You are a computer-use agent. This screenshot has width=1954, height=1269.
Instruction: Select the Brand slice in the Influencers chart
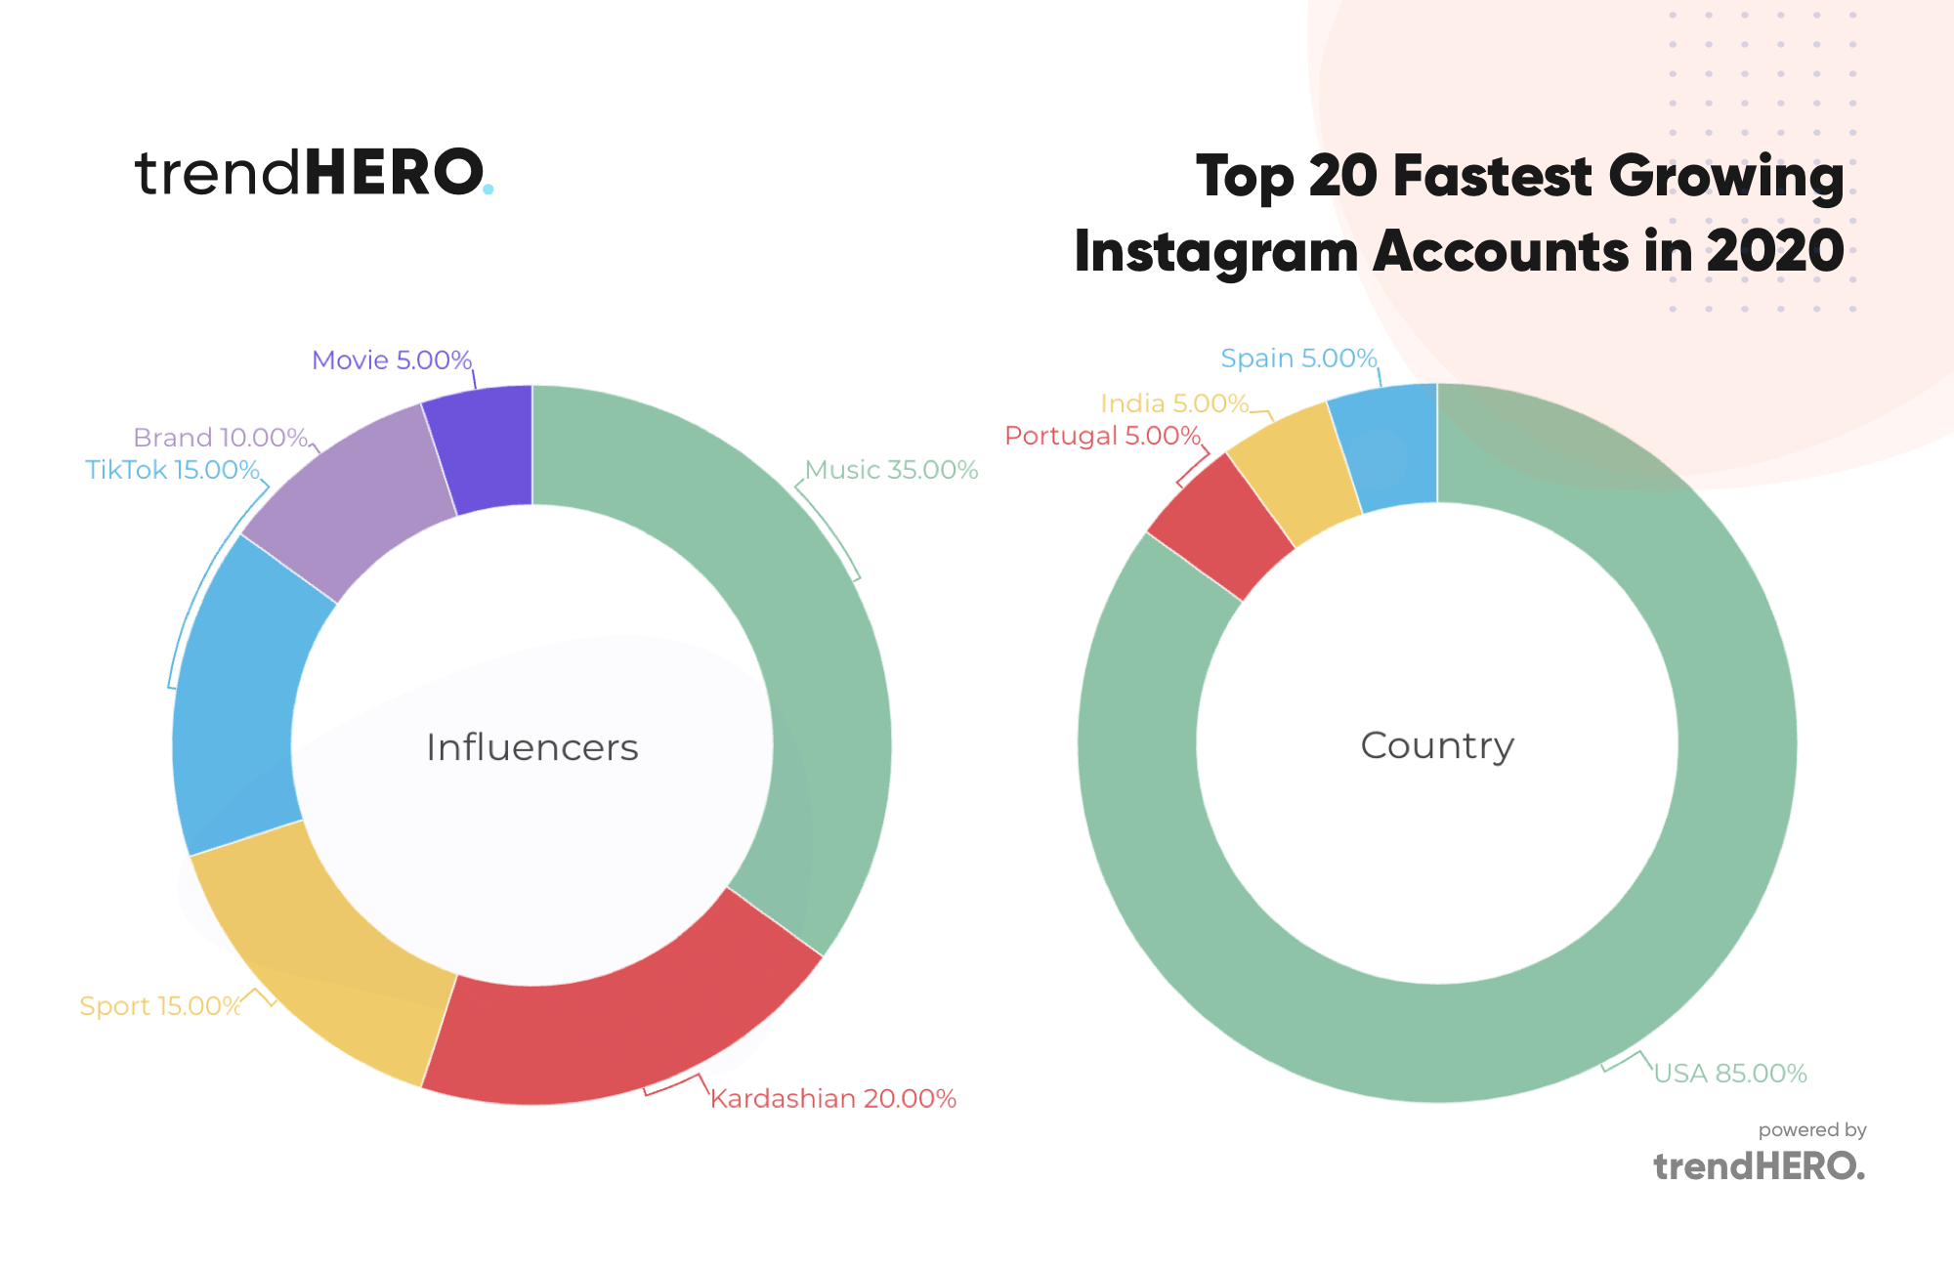pyautogui.click(x=357, y=498)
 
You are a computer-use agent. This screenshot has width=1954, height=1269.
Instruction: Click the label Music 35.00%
pyautogui.click(x=891, y=470)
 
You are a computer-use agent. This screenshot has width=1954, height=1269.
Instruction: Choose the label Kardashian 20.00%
pyautogui.click(x=832, y=1099)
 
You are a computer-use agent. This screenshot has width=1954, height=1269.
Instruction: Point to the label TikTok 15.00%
pyautogui.click(x=172, y=470)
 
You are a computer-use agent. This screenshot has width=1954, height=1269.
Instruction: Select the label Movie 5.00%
pyautogui.click(x=392, y=360)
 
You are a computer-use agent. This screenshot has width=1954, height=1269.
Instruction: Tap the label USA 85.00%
pyautogui.click(x=1729, y=1074)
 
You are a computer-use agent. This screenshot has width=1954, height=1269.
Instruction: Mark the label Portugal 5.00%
pyautogui.click(x=1102, y=436)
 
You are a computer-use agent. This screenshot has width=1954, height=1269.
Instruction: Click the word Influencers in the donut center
pyautogui.click(x=532, y=747)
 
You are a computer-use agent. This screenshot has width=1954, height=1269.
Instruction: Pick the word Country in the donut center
pyautogui.click(x=1437, y=745)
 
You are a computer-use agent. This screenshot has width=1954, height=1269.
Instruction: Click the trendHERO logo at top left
pyautogui.click(x=313, y=173)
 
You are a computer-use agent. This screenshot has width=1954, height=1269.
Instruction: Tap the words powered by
pyautogui.click(x=1812, y=1130)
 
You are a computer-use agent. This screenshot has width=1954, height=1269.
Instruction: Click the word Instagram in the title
pyautogui.click(x=1215, y=252)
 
